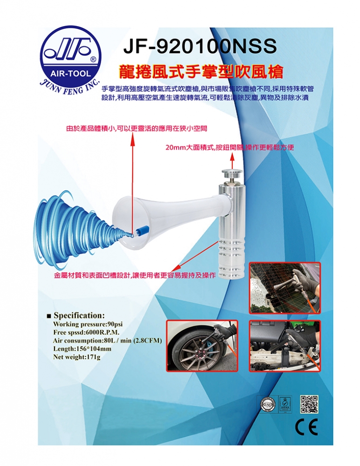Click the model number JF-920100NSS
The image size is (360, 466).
pyautogui.click(x=200, y=46)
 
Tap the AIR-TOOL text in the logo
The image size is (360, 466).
pyautogui.click(x=70, y=74)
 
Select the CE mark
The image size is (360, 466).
pyautogui.click(x=306, y=427)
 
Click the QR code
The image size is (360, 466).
pyautogui.click(x=309, y=404)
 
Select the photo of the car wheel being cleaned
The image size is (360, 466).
pyautogui.click(x=202, y=345)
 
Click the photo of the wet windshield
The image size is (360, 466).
pyautogui.click(x=285, y=288)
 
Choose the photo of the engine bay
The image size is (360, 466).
pyautogui.click(x=285, y=346)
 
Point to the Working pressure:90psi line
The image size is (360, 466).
pyautogui.click(x=88, y=324)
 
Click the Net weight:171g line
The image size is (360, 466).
pyautogui.click(x=77, y=357)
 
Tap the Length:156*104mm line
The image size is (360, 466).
pyautogui.click(x=82, y=349)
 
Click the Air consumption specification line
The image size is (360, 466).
pyautogui.click(x=107, y=341)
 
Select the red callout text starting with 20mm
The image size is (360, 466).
pyautogui.click(x=230, y=147)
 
